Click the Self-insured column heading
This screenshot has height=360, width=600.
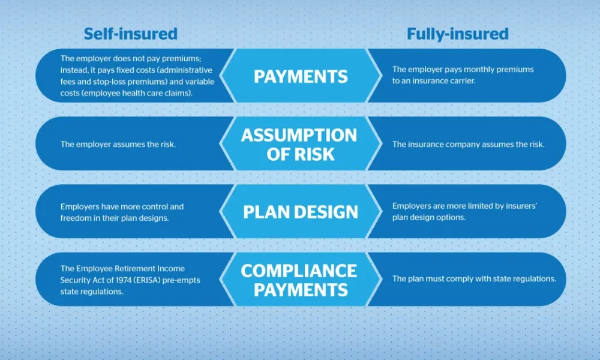coord(130,34)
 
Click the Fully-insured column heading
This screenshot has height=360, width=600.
coord(458,34)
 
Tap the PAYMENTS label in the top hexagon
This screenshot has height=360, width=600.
coord(301,77)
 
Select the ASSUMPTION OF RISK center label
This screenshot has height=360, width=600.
coord(299,145)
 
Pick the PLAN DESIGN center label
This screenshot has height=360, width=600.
coord(301,212)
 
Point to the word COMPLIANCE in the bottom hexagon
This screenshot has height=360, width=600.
coord(299,271)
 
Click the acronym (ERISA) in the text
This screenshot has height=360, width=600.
coord(145,280)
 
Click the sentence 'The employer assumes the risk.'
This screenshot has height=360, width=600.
coord(118,145)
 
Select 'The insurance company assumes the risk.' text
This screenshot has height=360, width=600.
coord(469,145)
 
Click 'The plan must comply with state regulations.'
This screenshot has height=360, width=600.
coord(474,279)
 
